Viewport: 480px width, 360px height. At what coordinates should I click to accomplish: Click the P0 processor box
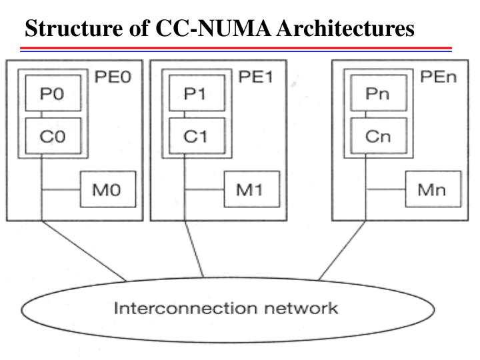point(53,94)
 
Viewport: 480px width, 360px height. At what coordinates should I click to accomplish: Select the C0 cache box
point(53,136)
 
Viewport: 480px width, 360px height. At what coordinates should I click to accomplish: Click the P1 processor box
point(196,94)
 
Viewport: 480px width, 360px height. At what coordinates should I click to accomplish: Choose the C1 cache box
point(196,136)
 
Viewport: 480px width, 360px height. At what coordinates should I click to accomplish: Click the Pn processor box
point(377,94)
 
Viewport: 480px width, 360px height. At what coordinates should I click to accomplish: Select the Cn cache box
point(377,136)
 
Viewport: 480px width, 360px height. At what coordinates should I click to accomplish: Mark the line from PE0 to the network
point(83,250)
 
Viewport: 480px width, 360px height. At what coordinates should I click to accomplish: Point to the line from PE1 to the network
point(194,250)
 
